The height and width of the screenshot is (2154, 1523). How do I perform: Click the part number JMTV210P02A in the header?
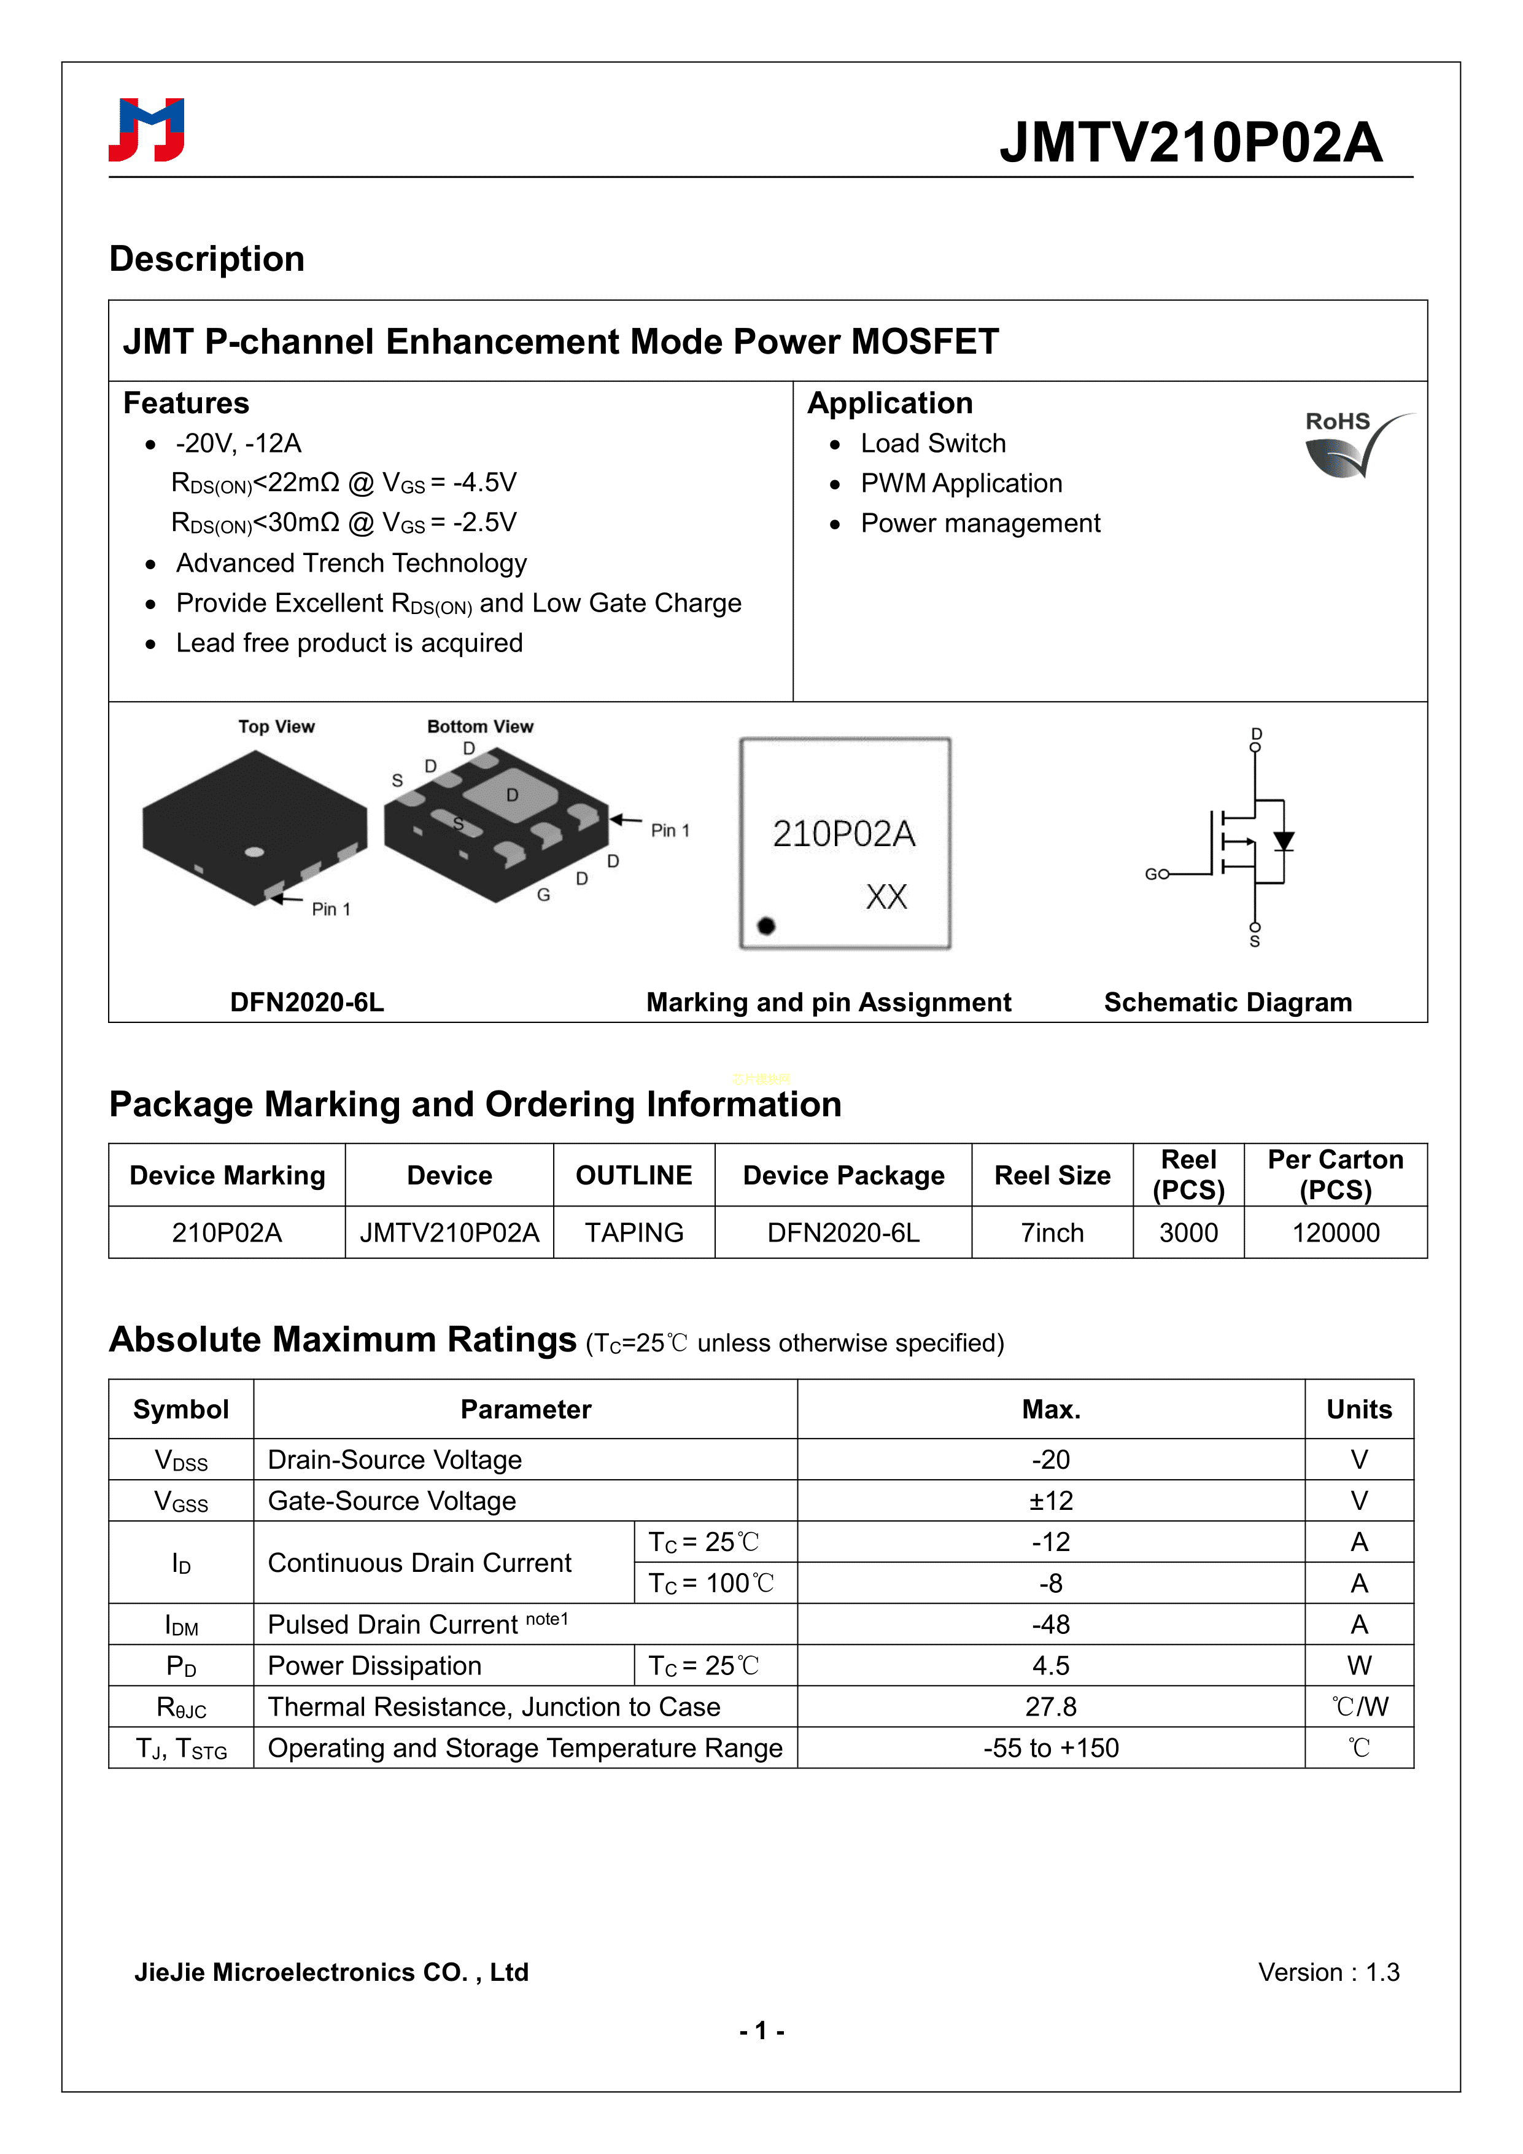[x=1190, y=142]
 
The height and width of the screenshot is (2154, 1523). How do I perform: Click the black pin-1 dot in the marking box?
[x=766, y=926]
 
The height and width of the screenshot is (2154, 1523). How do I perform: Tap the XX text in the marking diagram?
[x=886, y=897]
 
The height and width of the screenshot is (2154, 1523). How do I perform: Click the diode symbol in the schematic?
[x=1283, y=842]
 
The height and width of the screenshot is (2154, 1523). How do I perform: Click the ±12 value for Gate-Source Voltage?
[x=1050, y=1501]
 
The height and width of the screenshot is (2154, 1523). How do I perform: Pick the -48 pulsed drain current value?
[x=1050, y=1624]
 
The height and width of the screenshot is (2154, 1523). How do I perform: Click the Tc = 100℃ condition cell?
[x=712, y=1584]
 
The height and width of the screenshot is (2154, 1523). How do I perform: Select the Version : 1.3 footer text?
[x=1328, y=1972]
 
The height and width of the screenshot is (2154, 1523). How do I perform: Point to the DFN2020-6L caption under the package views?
[x=307, y=1002]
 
